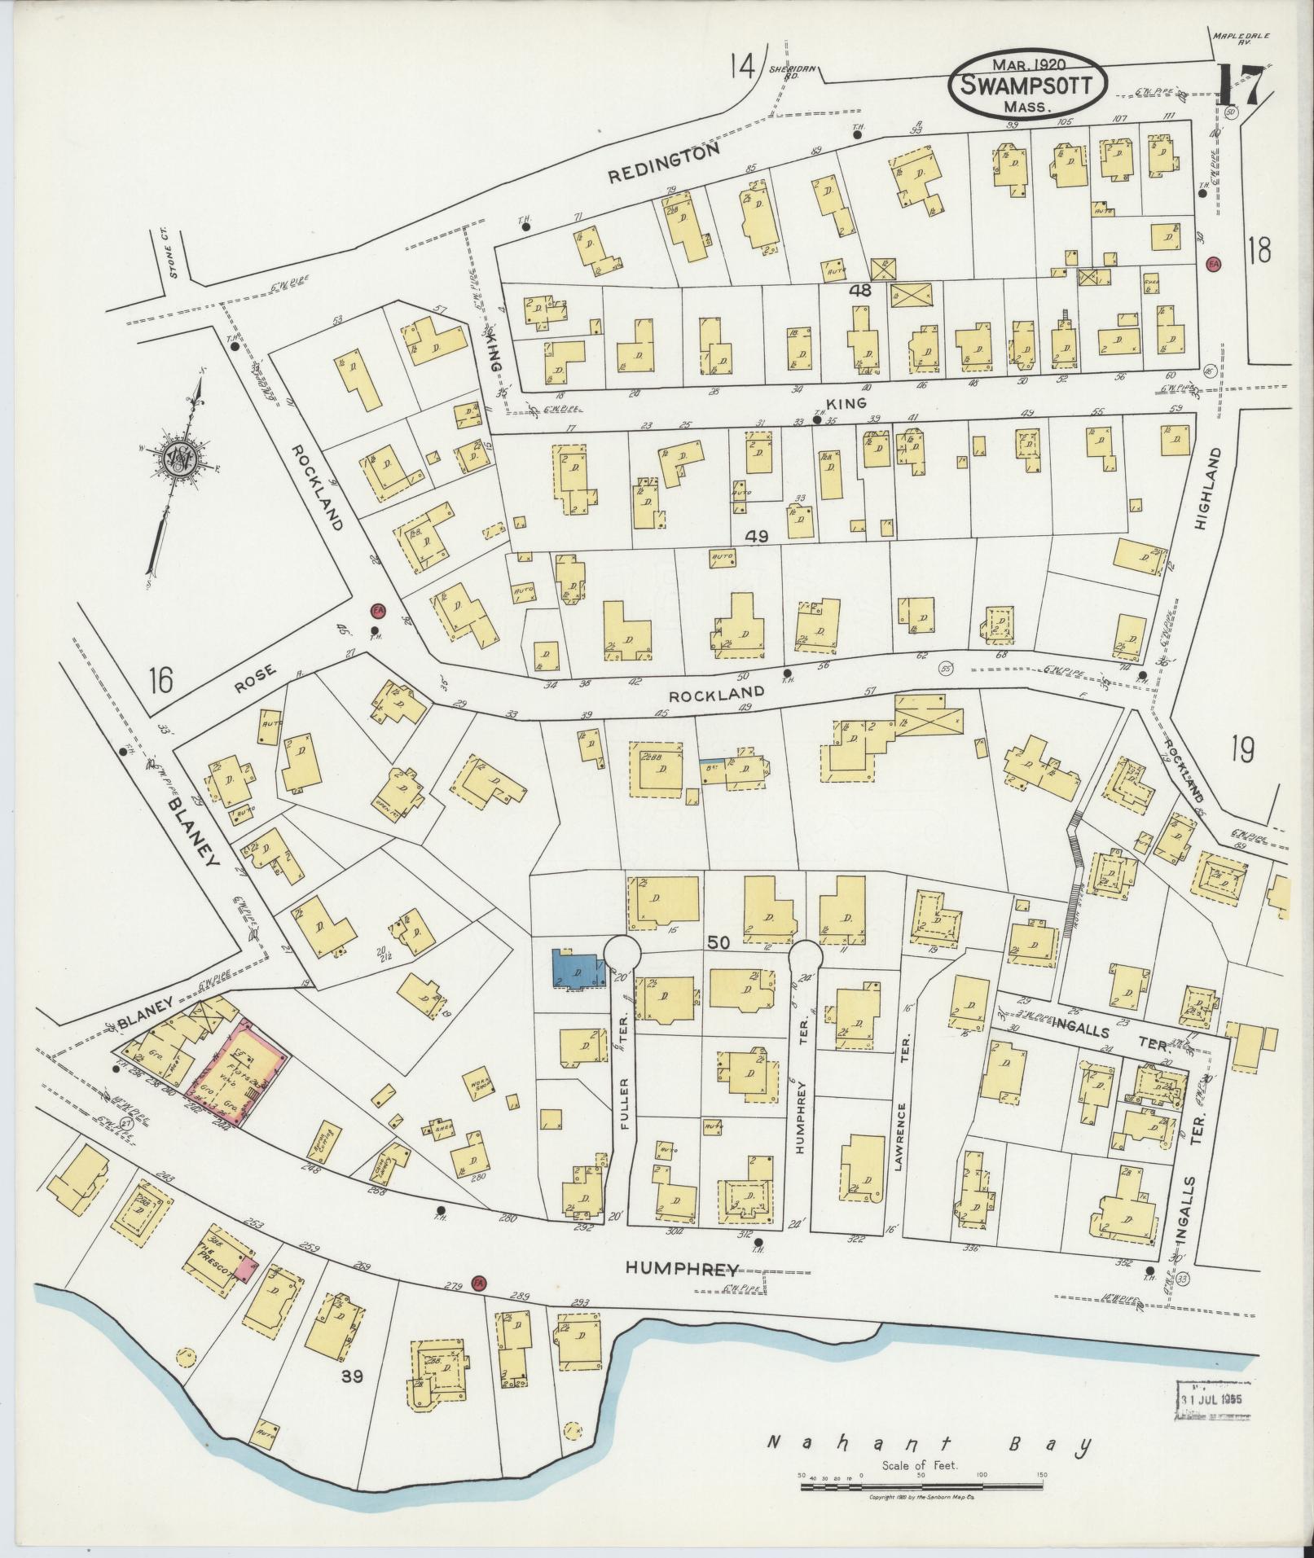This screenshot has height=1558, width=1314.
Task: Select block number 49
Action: point(757,536)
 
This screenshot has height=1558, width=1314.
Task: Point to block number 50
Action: point(718,942)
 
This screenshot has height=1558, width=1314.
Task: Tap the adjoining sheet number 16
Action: point(161,679)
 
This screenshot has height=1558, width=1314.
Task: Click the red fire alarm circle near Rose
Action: point(378,610)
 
